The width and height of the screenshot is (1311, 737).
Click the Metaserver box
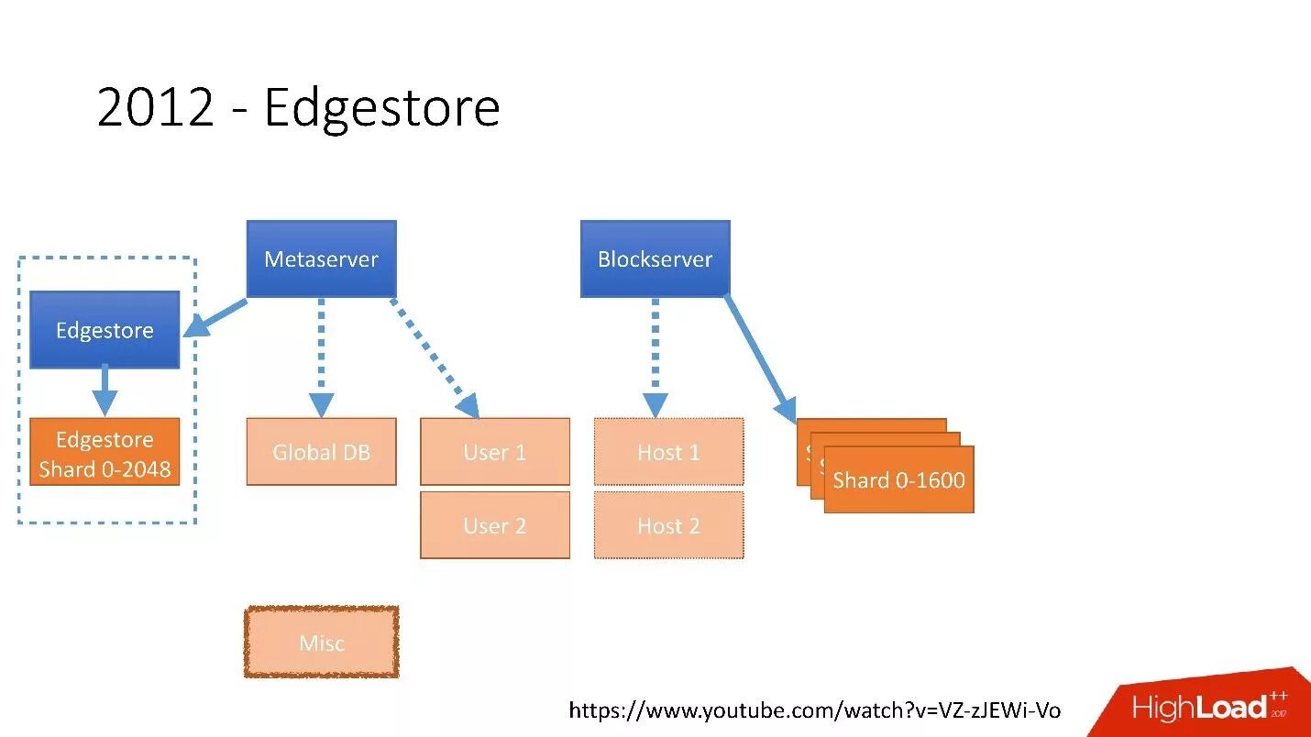[x=321, y=258]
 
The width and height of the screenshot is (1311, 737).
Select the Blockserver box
[x=655, y=258]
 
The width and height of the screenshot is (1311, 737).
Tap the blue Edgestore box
[x=105, y=330]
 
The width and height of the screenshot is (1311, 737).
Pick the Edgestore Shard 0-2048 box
[x=105, y=453]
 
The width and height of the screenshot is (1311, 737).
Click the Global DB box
[x=321, y=452]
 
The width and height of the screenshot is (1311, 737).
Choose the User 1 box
[x=494, y=452]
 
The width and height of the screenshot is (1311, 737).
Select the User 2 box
[x=494, y=525]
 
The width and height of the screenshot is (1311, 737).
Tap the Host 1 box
[x=668, y=452]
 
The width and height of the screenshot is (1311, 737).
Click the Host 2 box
[x=668, y=525]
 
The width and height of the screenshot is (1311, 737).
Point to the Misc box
[x=321, y=643]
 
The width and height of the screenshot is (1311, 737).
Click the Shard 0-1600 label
[x=898, y=480]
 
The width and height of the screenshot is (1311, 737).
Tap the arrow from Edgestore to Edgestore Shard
[x=105, y=390]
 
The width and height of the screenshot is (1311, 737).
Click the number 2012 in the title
[x=155, y=107]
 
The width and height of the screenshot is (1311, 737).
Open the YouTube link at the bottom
[x=814, y=710]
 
